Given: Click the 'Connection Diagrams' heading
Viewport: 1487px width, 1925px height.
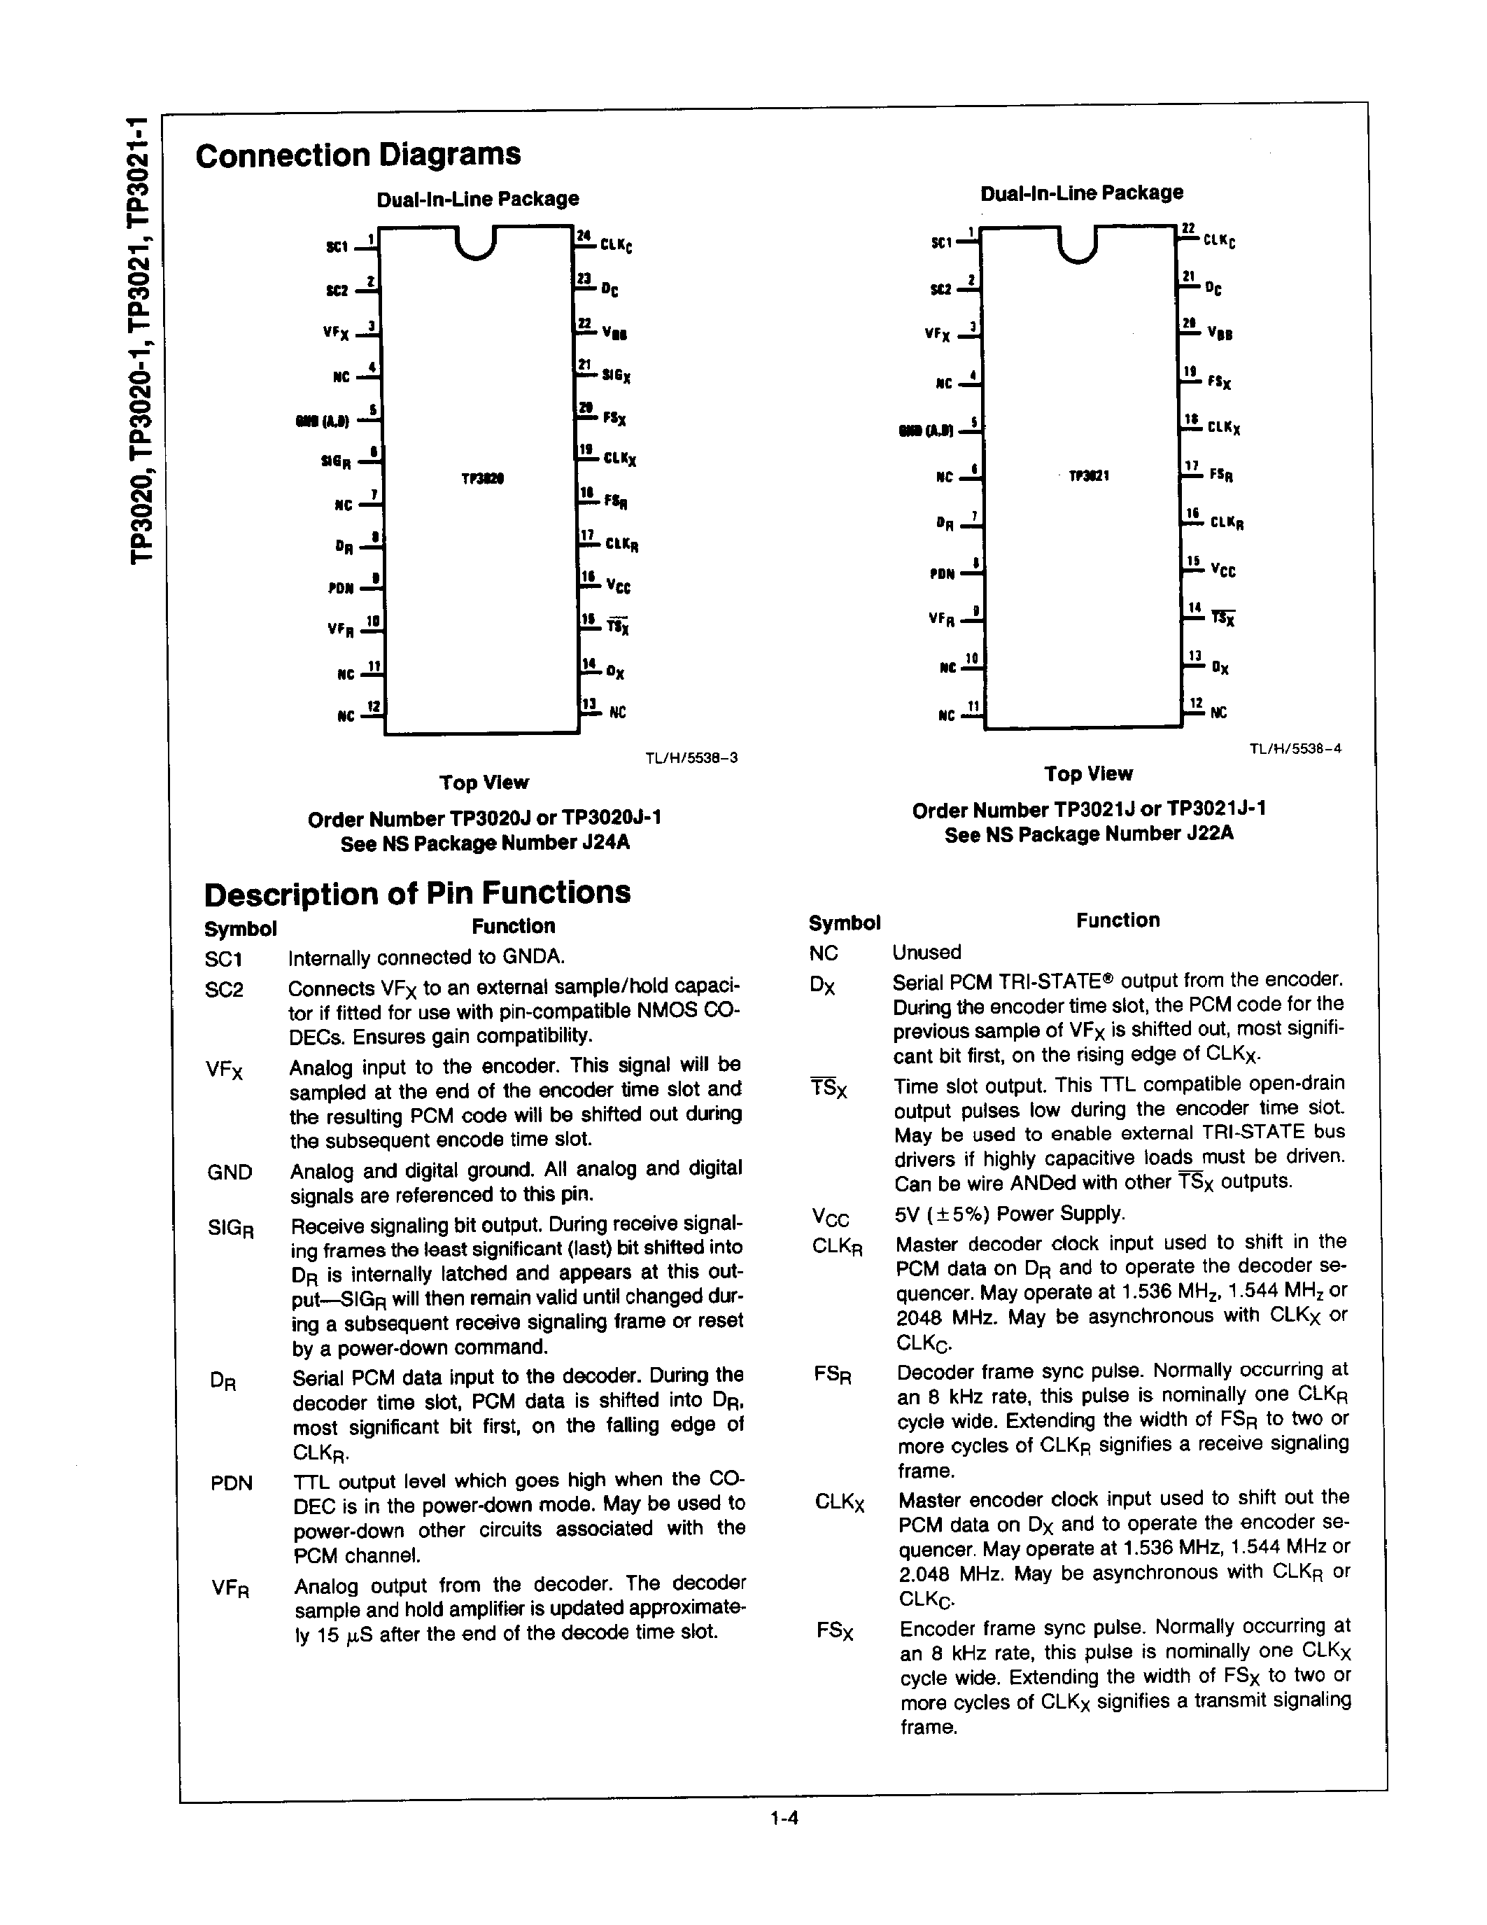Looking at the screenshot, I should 358,155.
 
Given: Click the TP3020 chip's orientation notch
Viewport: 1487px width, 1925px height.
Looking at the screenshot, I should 477,244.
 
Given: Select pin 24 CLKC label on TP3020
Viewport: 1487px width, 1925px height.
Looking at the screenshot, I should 616,246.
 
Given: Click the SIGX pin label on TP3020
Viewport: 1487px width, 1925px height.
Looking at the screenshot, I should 616,375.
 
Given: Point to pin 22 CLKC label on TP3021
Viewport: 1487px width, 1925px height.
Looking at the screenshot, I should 1219,239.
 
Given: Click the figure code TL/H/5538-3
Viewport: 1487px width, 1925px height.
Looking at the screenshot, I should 691,757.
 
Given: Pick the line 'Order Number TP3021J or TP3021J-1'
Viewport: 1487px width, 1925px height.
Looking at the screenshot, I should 1089,809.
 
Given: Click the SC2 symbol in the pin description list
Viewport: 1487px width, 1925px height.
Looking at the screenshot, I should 224,990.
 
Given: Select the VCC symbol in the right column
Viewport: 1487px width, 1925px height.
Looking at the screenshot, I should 830,1217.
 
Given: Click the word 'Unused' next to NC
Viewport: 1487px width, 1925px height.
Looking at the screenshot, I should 926,952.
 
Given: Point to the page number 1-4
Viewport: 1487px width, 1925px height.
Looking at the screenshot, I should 783,1816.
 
